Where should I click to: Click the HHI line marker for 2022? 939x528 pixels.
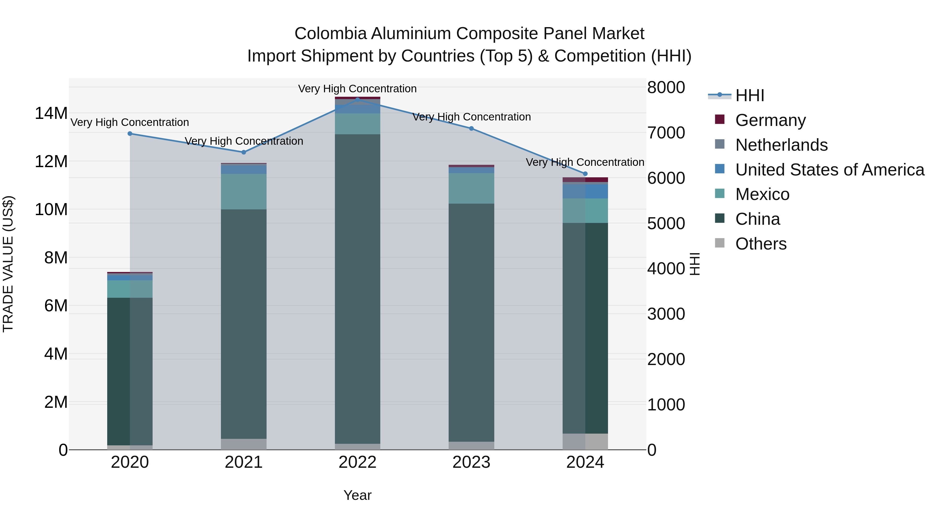tap(357, 99)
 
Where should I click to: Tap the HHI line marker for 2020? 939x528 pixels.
tap(130, 134)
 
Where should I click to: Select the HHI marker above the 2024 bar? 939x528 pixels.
tap(585, 174)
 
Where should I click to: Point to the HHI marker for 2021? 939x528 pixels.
tap(244, 152)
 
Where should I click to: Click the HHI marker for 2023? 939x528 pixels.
tap(471, 129)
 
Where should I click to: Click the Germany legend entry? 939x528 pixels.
tap(770, 120)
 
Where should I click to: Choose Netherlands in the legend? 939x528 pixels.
tap(781, 145)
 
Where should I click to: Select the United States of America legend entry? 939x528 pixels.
tap(829, 170)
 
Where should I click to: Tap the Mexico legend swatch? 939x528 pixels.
tap(720, 193)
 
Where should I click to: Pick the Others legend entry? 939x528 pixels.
tap(761, 244)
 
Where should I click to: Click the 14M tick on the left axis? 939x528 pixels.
tap(51, 113)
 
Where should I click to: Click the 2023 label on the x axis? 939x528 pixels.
tap(471, 462)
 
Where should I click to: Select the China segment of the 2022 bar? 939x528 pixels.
tap(357, 288)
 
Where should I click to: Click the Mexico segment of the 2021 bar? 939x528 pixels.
tap(244, 191)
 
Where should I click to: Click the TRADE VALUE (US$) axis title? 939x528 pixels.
tap(8, 264)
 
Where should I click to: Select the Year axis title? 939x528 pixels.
tap(357, 495)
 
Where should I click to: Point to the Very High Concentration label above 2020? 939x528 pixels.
tap(130, 123)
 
